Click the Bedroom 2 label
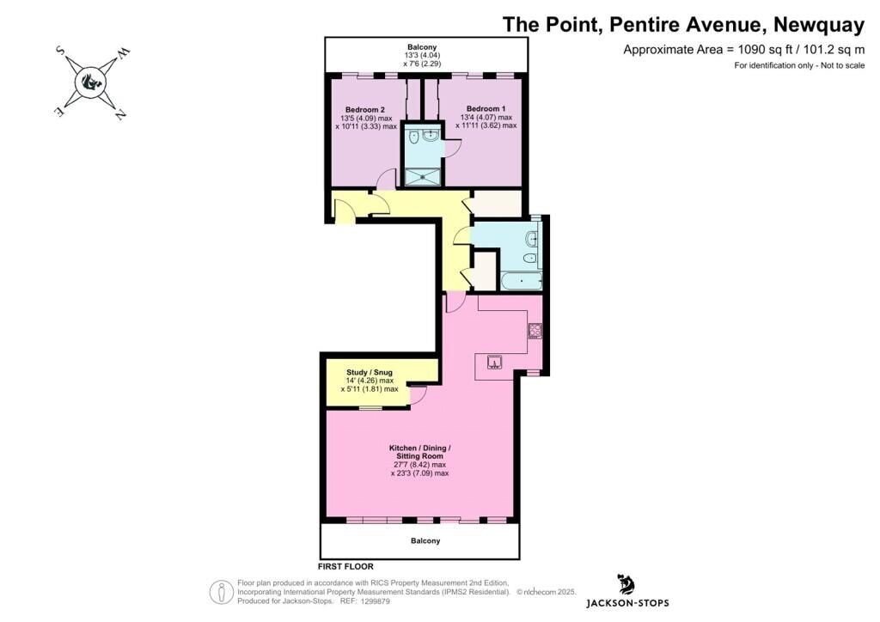[x=365, y=110]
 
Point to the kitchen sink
[x=494, y=362]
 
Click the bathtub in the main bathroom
[x=522, y=279]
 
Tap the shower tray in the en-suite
[x=423, y=176]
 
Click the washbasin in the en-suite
[x=431, y=134]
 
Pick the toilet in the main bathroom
[x=531, y=257]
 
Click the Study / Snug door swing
[x=419, y=396]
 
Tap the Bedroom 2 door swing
[x=386, y=179]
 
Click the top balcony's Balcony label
[x=422, y=46]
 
